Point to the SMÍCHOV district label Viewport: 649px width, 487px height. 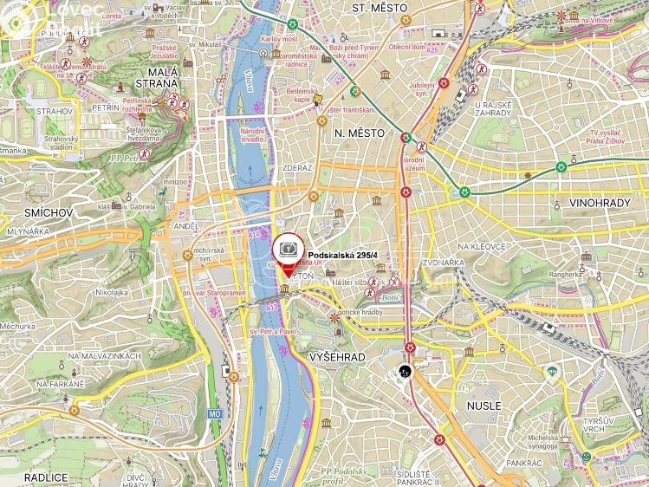point(25,211)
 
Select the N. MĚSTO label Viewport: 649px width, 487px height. point(356,132)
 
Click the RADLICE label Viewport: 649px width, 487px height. point(23,477)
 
